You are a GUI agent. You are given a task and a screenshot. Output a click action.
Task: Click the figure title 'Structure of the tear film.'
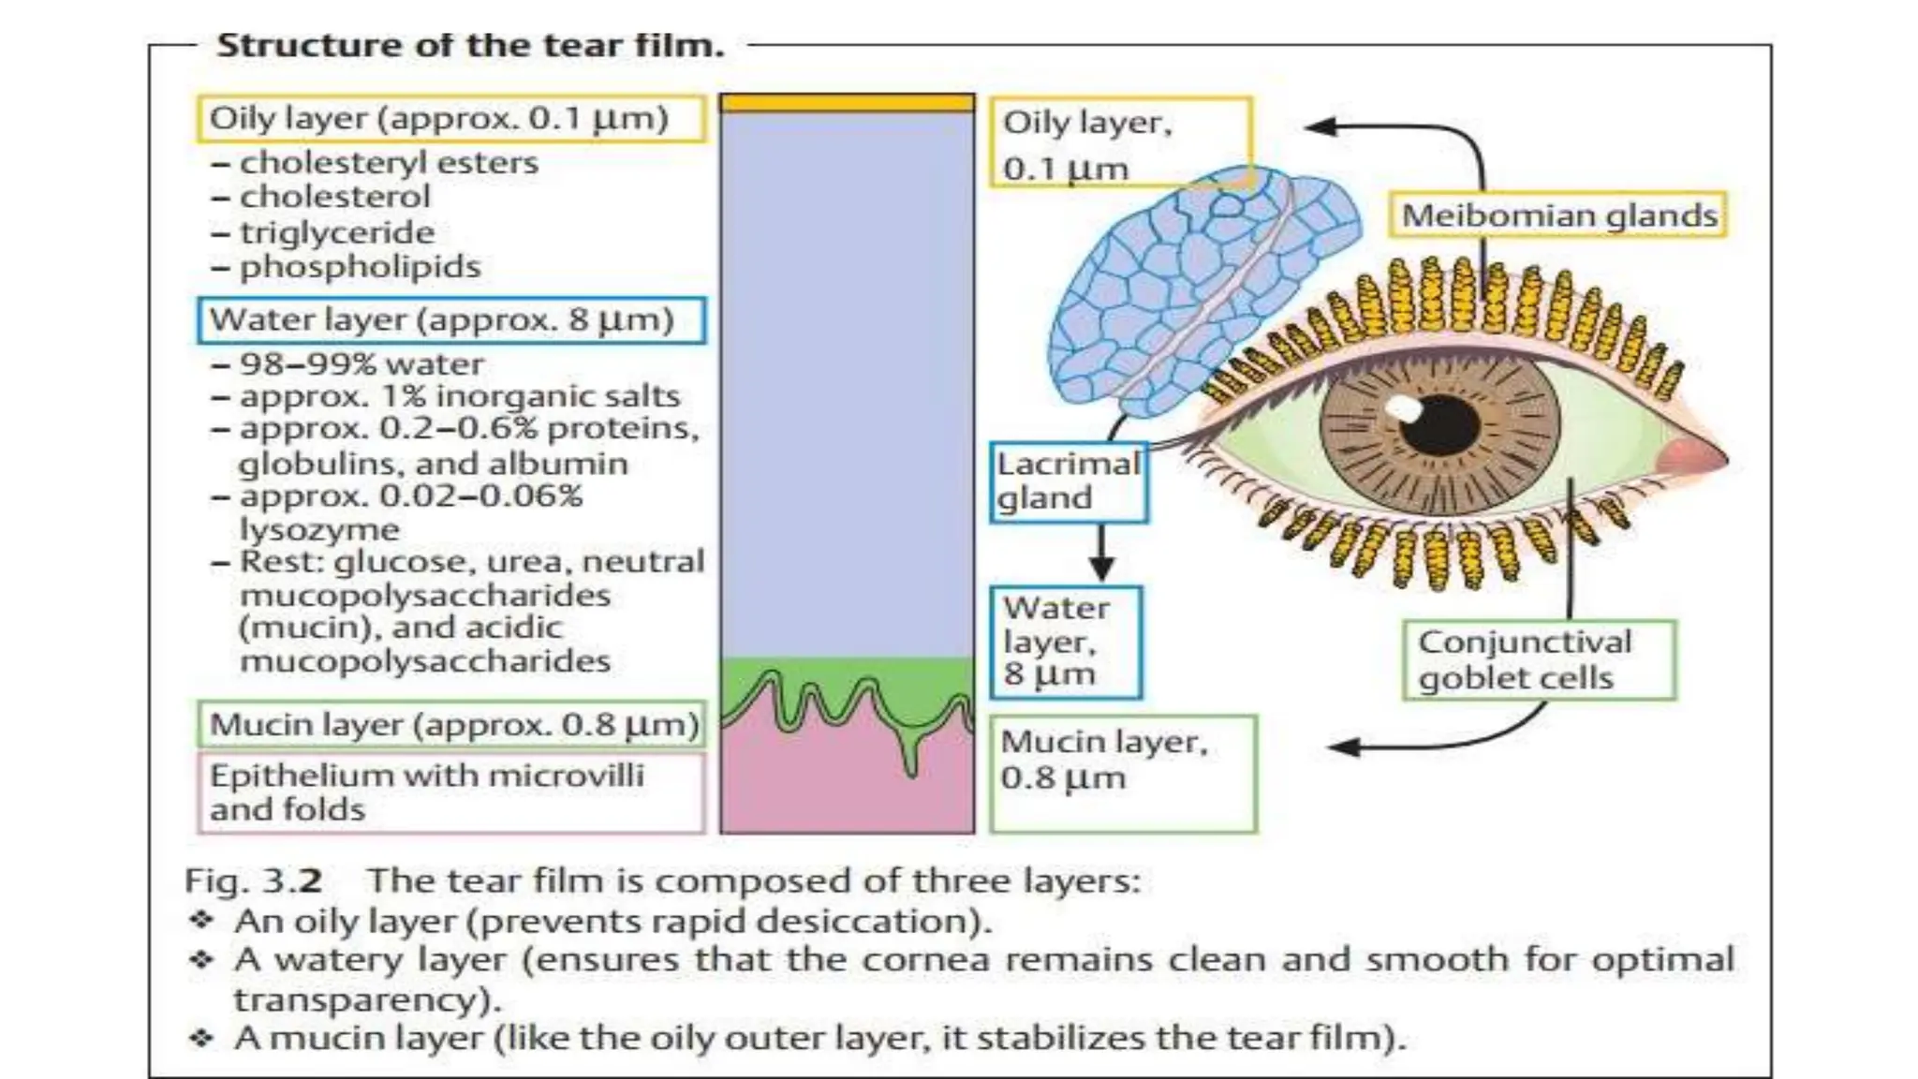470,45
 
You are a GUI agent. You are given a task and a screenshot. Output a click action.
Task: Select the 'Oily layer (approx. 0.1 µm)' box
450,119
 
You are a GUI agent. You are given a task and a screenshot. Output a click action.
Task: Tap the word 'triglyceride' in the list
337,232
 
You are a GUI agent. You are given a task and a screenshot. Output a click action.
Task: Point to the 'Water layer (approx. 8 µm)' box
450,320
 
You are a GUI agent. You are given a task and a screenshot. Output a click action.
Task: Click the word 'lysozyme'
319,529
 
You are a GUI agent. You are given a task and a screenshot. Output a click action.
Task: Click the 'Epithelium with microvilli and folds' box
450,792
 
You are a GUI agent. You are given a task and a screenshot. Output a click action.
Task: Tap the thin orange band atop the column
847,103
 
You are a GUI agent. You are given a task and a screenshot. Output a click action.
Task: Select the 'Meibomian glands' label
1558,215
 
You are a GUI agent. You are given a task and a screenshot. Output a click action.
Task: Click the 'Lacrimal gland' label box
1069,481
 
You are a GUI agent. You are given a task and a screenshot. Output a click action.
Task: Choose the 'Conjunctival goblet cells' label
1539,659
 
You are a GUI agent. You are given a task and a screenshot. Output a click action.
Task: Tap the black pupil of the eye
1440,426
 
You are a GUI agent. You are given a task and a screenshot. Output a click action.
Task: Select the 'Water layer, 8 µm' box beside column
1066,643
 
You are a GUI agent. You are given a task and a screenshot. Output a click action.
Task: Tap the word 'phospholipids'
360,267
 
